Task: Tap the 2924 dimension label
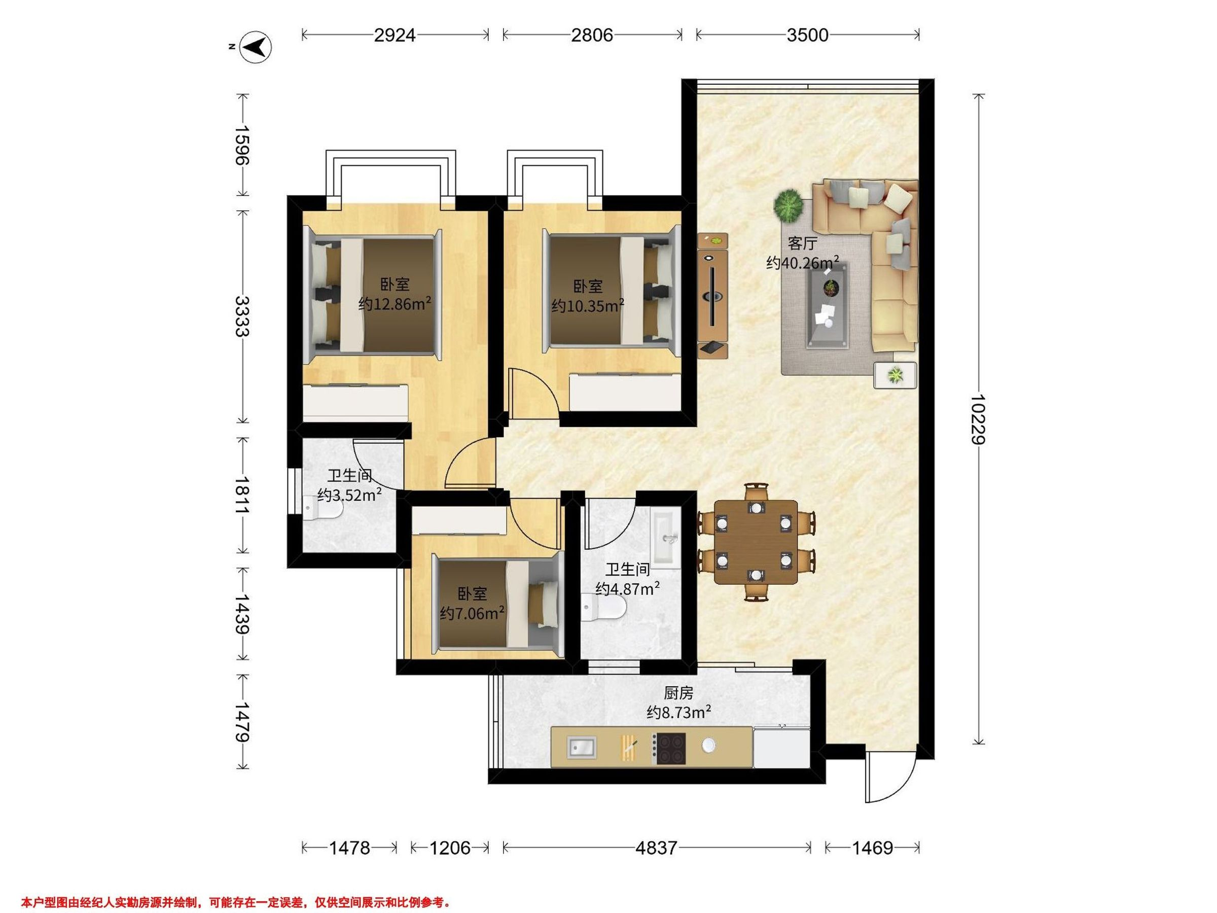point(395,35)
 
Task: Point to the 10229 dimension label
point(978,419)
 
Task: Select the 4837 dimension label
point(656,848)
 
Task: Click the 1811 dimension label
point(242,495)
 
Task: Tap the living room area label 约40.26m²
point(803,263)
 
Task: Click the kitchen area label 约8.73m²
point(679,713)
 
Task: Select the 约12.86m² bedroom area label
point(395,303)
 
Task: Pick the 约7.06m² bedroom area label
point(472,613)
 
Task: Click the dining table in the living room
point(756,542)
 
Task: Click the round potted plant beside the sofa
point(789,205)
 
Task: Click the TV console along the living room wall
point(712,296)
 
